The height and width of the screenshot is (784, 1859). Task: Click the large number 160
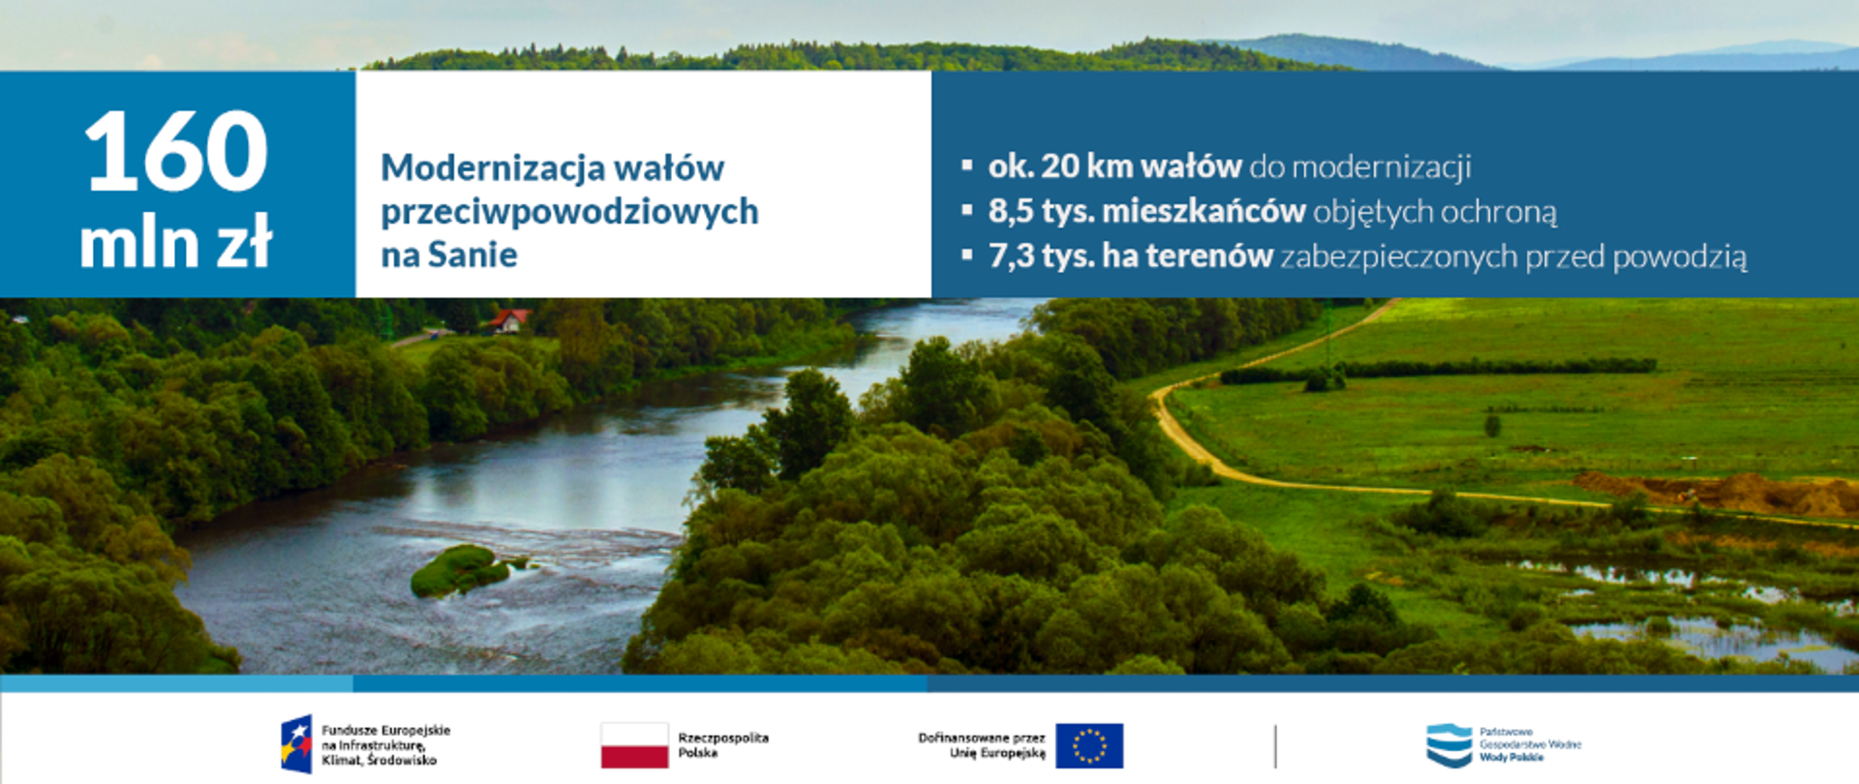(175, 151)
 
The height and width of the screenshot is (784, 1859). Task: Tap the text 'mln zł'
(175, 242)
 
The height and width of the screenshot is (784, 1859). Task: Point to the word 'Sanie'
(472, 255)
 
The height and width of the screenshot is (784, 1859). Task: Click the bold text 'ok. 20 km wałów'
(1114, 166)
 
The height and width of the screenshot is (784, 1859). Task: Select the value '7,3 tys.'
(1041, 256)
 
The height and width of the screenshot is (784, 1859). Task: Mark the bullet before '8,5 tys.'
(966, 210)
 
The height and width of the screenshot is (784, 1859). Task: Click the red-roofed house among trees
(509, 320)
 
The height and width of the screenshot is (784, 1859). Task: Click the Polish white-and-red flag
(634, 745)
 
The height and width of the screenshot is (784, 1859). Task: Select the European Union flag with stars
(1089, 745)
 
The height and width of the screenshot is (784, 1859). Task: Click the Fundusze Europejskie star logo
(296, 744)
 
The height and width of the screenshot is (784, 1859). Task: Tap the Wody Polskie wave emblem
(1448, 745)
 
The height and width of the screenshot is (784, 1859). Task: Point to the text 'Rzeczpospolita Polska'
(723, 745)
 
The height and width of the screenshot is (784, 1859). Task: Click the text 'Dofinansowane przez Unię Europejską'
(982, 745)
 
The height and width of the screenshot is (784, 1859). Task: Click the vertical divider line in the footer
(1275, 746)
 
